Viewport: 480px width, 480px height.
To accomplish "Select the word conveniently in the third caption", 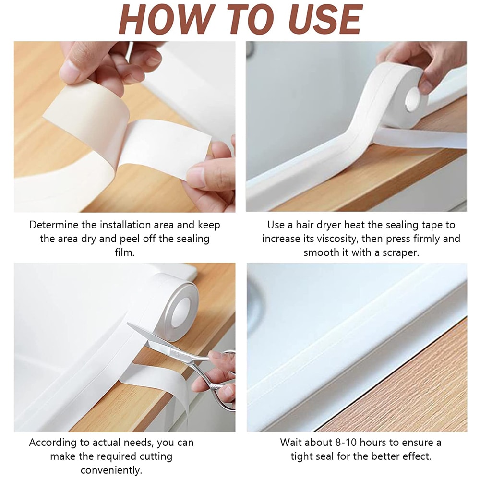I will click(111, 470).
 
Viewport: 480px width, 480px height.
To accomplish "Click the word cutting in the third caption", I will click(155, 456).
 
